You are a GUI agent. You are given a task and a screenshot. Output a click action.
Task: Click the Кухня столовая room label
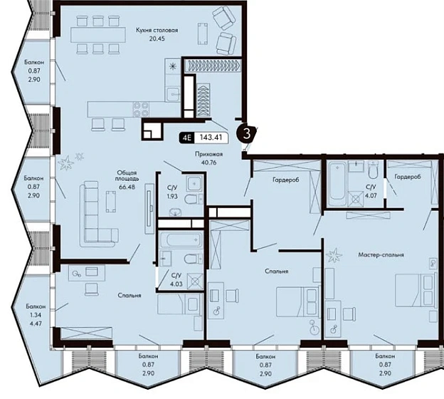point(157,30)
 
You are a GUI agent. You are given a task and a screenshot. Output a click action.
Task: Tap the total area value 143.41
point(210,138)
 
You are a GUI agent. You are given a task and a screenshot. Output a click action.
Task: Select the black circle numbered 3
point(247,133)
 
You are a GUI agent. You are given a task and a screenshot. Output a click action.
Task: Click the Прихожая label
point(208,155)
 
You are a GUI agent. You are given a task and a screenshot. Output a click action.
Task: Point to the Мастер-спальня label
point(381,254)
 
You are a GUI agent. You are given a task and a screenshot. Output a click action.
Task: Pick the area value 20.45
point(157,38)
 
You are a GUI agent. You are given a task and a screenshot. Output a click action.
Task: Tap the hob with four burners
point(141,109)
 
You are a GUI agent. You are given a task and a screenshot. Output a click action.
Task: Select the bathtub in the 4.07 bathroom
point(337,183)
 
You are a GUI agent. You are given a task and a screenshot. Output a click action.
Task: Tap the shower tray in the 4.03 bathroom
point(196,281)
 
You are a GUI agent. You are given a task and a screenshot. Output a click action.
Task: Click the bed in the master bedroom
point(416,290)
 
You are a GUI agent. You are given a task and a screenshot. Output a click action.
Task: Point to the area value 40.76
point(209,162)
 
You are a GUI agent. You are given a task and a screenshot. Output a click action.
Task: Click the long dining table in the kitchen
point(98,35)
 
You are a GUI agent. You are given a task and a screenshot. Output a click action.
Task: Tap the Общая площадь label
point(127,176)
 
